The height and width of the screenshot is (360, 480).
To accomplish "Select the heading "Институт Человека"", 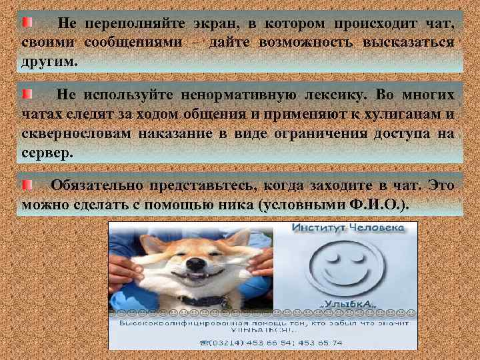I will tap(347, 228).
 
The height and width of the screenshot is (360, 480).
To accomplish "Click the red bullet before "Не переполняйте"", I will tap(26, 23).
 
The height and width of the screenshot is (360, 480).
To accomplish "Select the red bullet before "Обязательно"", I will tap(26, 184).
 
